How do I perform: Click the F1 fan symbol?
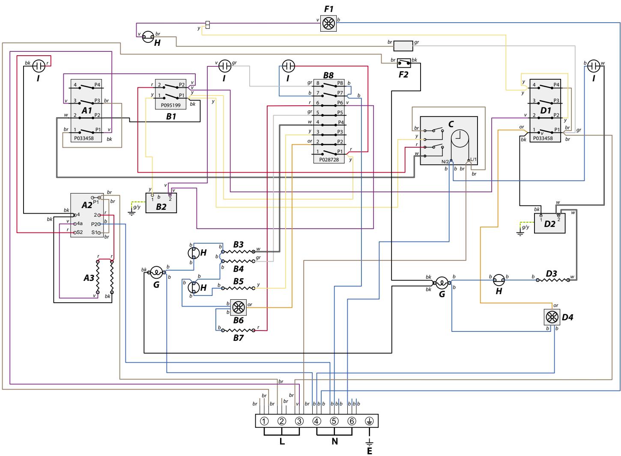click(328, 23)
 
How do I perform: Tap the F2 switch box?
click(403, 63)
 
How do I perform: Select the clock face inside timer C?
click(460, 138)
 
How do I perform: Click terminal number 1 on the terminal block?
click(264, 421)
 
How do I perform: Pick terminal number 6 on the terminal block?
click(352, 421)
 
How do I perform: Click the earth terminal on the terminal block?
click(369, 421)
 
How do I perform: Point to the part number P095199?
click(170, 105)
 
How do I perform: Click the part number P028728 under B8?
click(329, 160)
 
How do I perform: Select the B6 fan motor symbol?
click(238, 307)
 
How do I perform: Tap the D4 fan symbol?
click(552, 317)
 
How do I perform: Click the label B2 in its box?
click(161, 207)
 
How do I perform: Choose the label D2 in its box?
click(550, 224)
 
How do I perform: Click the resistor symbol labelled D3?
click(553, 280)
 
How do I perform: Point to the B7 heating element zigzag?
click(238, 330)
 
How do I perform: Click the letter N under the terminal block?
click(334, 441)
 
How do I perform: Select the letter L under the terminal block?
click(282, 441)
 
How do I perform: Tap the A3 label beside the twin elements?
click(89, 278)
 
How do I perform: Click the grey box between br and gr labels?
click(403, 46)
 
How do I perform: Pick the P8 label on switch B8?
click(340, 83)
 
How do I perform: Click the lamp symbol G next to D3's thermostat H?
click(442, 283)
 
